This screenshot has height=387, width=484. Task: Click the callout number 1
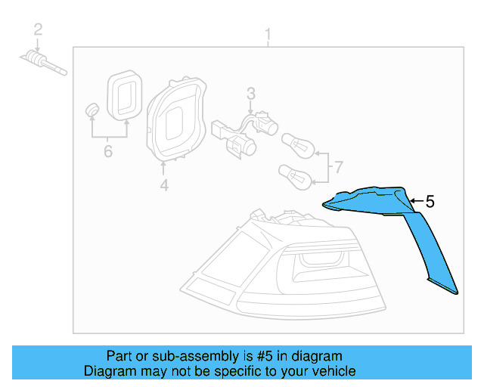coord(267,34)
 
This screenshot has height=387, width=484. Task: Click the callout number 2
coord(38,30)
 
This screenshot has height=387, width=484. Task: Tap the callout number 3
coord(251,94)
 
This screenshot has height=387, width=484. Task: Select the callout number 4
coord(164,184)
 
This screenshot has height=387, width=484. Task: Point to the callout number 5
coord(430,202)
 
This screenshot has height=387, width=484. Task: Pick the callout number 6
coord(107,152)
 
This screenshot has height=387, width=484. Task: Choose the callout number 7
coord(338,166)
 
